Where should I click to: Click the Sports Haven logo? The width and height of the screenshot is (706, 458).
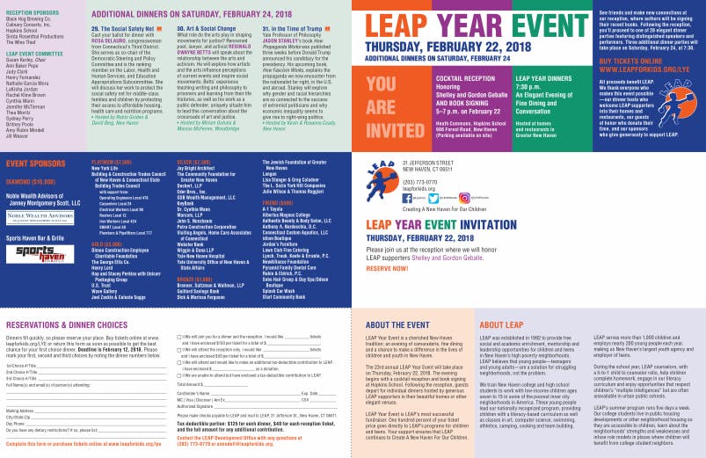[27, 254]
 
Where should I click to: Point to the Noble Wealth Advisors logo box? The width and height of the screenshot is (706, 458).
[27, 216]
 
